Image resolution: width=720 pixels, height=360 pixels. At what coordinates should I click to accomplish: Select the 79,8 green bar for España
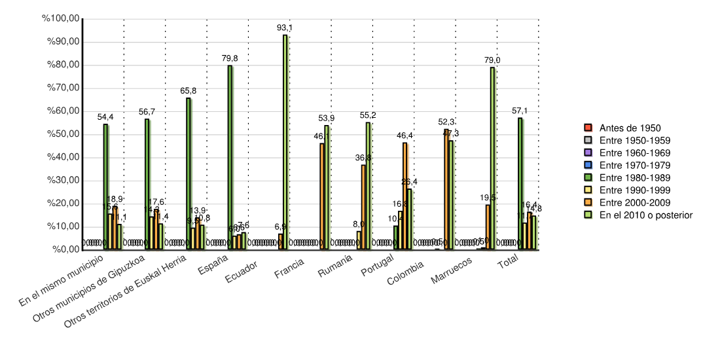[230, 157]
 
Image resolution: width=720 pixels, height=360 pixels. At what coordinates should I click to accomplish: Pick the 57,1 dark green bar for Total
[520, 183]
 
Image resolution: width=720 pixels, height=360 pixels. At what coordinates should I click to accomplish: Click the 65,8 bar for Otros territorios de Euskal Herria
[189, 173]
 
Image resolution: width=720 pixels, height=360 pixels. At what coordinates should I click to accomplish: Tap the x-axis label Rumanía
[335, 268]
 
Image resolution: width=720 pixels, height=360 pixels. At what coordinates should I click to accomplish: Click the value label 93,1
[285, 27]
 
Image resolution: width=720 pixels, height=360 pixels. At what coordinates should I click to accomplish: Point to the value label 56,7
[147, 112]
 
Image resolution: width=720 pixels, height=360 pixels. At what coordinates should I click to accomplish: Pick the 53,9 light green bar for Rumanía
[327, 187]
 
